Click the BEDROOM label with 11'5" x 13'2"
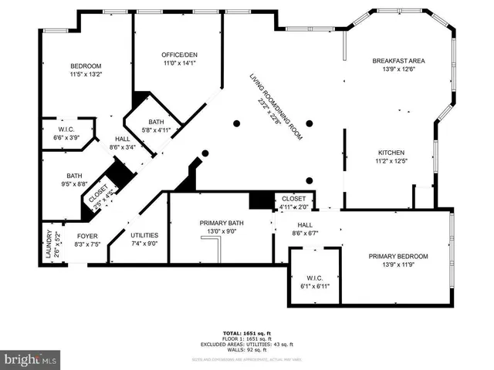(86, 66)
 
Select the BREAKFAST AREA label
(398, 61)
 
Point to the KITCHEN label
(391, 153)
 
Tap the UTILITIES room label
(144, 236)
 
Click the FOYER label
(86, 236)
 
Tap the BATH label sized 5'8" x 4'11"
(157, 122)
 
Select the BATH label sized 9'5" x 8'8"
(74, 176)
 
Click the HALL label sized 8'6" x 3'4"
(123, 139)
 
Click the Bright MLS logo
(31, 359)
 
